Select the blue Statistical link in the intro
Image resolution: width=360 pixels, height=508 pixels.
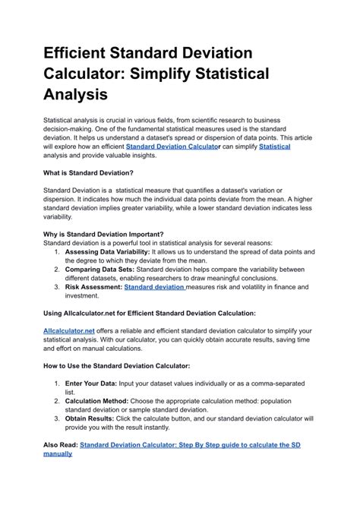pyautogui.click(x=275, y=147)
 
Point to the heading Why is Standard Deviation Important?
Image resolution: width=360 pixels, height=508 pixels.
pyautogui.click(x=103, y=234)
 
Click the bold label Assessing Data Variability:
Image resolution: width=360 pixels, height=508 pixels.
pyautogui.click(x=107, y=251)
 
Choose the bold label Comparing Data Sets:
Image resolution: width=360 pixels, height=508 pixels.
pyautogui.click(x=99, y=269)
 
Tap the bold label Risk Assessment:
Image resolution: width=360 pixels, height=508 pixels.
pyautogui.click(x=93, y=287)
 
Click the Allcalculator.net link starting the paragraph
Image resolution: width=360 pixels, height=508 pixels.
pyautogui.click(x=69, y=331)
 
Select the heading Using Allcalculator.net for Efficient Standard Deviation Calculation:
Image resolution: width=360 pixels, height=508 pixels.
pyautogui.click(x=160, y=313)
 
